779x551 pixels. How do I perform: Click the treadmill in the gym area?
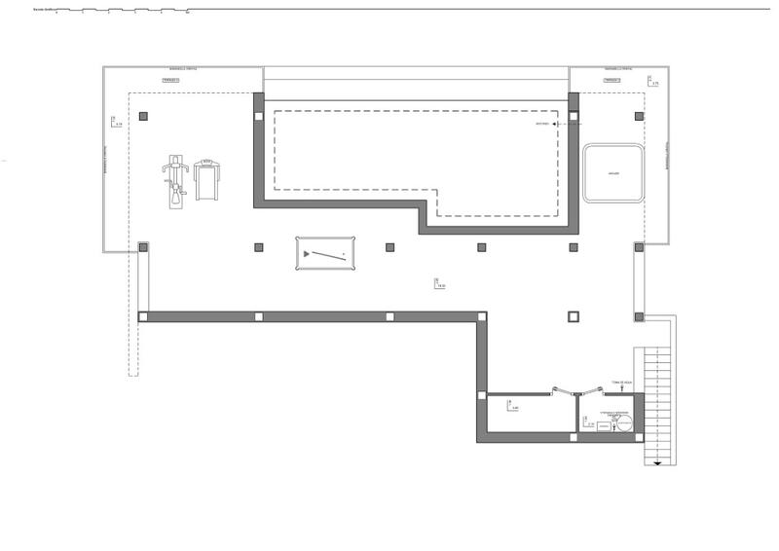pos(205,179)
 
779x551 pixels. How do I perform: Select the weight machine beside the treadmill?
pos(175,180)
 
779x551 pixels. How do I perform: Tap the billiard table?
pos(326,254)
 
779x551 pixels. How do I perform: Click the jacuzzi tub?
pos(613,173)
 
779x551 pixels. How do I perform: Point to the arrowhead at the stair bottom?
pos(659,462)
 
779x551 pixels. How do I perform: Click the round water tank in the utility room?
pos(624,422)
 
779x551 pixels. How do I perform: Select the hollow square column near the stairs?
pos(573,316)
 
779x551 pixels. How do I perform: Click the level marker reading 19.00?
pos(440,283)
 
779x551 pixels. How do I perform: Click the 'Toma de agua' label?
pos(622,383)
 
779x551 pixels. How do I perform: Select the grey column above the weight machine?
pos(144,116)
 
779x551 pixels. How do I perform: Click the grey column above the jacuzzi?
pos(639,116)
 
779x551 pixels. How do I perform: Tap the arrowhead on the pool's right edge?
pos(554,125)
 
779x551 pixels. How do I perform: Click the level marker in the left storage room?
pos(513,407)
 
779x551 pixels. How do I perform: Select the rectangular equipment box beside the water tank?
pos(602,424)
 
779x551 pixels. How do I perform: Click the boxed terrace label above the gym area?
pos(171,81)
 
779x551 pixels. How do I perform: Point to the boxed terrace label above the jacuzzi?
pos(612,81)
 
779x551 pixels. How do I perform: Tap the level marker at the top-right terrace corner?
pos(654,83)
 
